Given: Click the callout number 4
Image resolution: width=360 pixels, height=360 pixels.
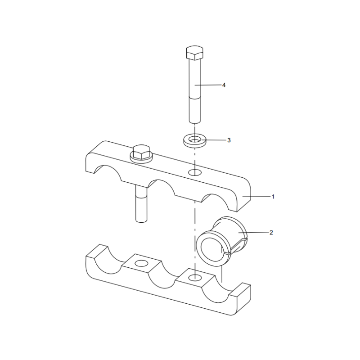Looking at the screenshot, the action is (x=224, y=85).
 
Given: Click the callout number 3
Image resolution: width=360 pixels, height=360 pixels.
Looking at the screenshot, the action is (x=229, y=140).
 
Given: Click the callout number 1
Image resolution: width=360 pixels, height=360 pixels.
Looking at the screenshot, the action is (x=273, y=197).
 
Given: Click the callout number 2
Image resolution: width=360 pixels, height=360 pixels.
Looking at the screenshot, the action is (x=271, y=232).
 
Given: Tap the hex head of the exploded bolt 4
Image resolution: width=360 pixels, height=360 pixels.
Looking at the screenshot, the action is (x=195, y=53).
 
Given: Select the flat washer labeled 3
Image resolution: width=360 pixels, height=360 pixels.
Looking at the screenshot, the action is (x=195, y=140).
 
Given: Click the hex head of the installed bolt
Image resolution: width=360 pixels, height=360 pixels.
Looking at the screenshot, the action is (x=141, y=152).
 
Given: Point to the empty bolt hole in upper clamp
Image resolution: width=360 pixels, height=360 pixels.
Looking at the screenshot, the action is (x=195, y=172).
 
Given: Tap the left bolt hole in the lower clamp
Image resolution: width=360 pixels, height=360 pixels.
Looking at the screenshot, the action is (x=142, y=263).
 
